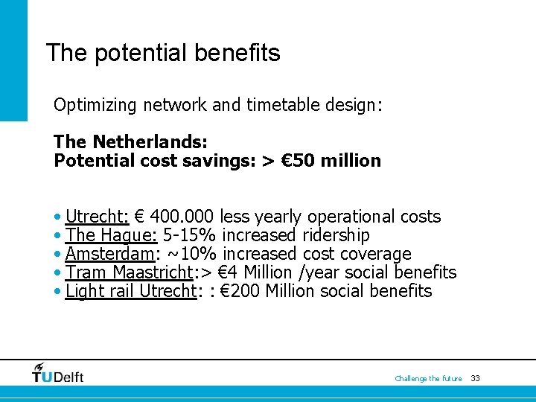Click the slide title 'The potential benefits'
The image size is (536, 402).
pos(163,54)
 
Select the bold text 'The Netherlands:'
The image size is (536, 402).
pos(130,141)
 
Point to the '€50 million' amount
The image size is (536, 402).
pos(331,160)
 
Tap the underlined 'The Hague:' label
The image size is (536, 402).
pos(111,235)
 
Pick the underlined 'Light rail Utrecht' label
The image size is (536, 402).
pos(130,291)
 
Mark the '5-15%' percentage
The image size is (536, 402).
pos(189,235)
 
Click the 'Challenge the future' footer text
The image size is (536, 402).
pos(428,379)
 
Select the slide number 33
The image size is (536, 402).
pos(476,379)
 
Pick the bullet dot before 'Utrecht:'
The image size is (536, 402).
pos(58,217)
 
